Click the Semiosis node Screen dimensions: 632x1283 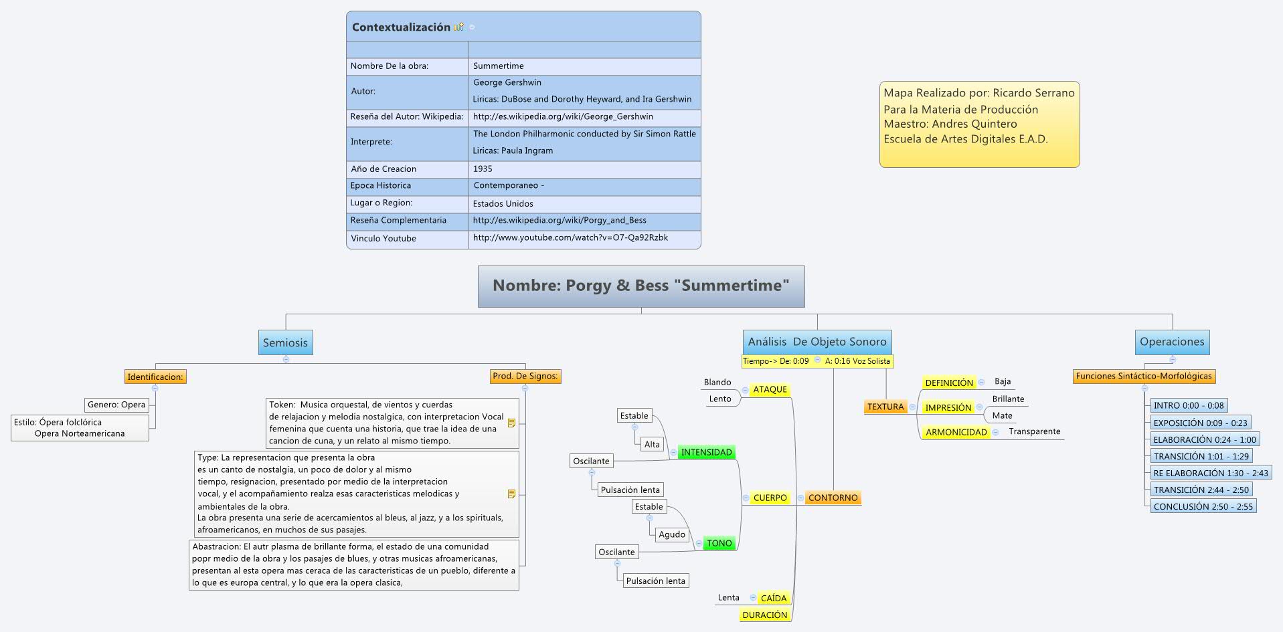pyautogui.click(x=285, y=342)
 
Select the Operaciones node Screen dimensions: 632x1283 pyautogui.click(x=1172, y=342)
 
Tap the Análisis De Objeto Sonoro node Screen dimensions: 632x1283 pyautogui.click(x=817, y=342)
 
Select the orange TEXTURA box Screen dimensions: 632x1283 pyautogui.click(x=885, y=407)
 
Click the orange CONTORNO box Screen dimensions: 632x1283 pyautogui.click(x=833, y=498)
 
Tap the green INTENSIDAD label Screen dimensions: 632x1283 pyautogui.click(x=706, y=453)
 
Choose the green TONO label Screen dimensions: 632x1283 pyautogui.click(x=719, y=543)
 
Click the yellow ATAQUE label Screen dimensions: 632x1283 pyautogui.click(x=770, y=390)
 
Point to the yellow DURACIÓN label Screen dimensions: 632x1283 pyautogui.click(x=765, y=615)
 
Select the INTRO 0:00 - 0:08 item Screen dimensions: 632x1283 pyautogui.click(x=1188, y=405)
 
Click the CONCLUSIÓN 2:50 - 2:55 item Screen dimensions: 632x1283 pyautogui.click(x=1203, y=507)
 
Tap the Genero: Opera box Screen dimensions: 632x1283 pyautogui.click(x=116, y=405)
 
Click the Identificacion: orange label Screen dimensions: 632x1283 pyautogui.click(x=155, y=377)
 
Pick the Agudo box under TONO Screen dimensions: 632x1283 pyautogui.click(x=671, y=534)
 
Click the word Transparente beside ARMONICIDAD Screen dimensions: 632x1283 pyautogui.click(x=1034, y=431)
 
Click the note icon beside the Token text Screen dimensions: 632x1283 pyautogui.click(x=512, y=423)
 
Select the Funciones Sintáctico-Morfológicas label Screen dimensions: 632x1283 pyautogui.click(x=1143, y=377)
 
